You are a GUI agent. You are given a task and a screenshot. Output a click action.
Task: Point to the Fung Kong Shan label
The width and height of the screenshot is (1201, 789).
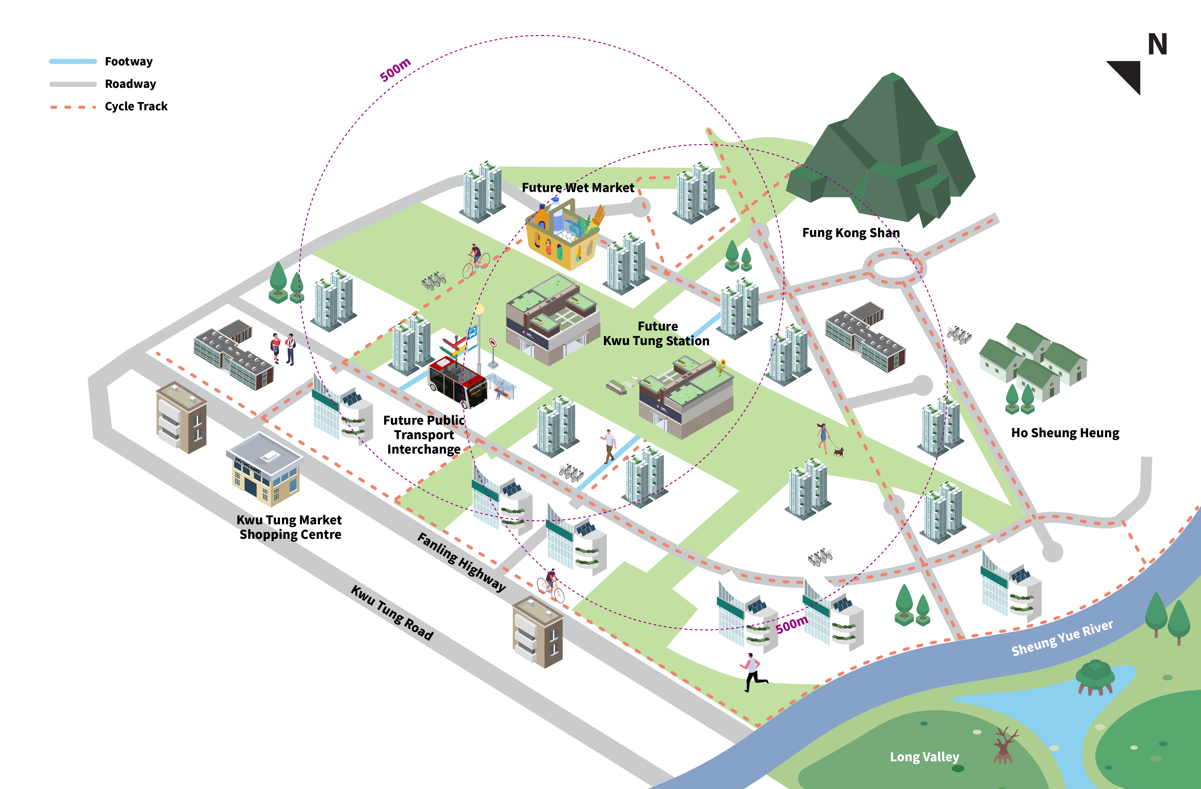tap(851, 233)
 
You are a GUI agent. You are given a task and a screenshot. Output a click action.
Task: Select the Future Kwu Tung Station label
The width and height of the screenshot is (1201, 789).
tap(656, 333)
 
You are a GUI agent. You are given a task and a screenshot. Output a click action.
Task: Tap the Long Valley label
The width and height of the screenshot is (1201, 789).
tap(924, 757)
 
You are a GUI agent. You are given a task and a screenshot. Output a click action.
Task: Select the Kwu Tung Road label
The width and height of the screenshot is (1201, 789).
tap(392, 613)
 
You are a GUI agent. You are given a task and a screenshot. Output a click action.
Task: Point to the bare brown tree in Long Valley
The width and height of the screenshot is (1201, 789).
tap(1004, 745)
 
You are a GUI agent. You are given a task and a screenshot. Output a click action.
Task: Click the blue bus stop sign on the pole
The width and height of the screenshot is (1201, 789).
tap(472, 333)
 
